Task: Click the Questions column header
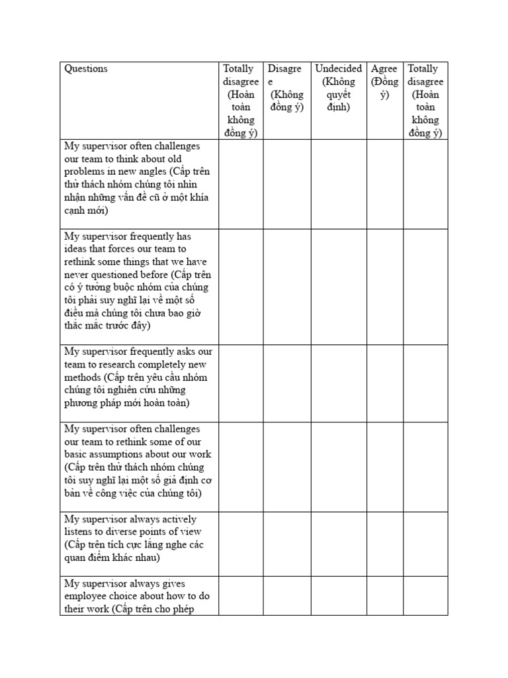tap(86, 69)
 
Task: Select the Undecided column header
tap(338, 69)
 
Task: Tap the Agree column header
tap(384, 69)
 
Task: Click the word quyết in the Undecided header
tap(338, 95)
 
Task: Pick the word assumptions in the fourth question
tap(138, 454)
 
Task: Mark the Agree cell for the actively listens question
tap(385, 538)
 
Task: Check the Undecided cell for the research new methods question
tap(338, 383)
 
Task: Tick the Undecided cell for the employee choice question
tap(338, 596)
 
